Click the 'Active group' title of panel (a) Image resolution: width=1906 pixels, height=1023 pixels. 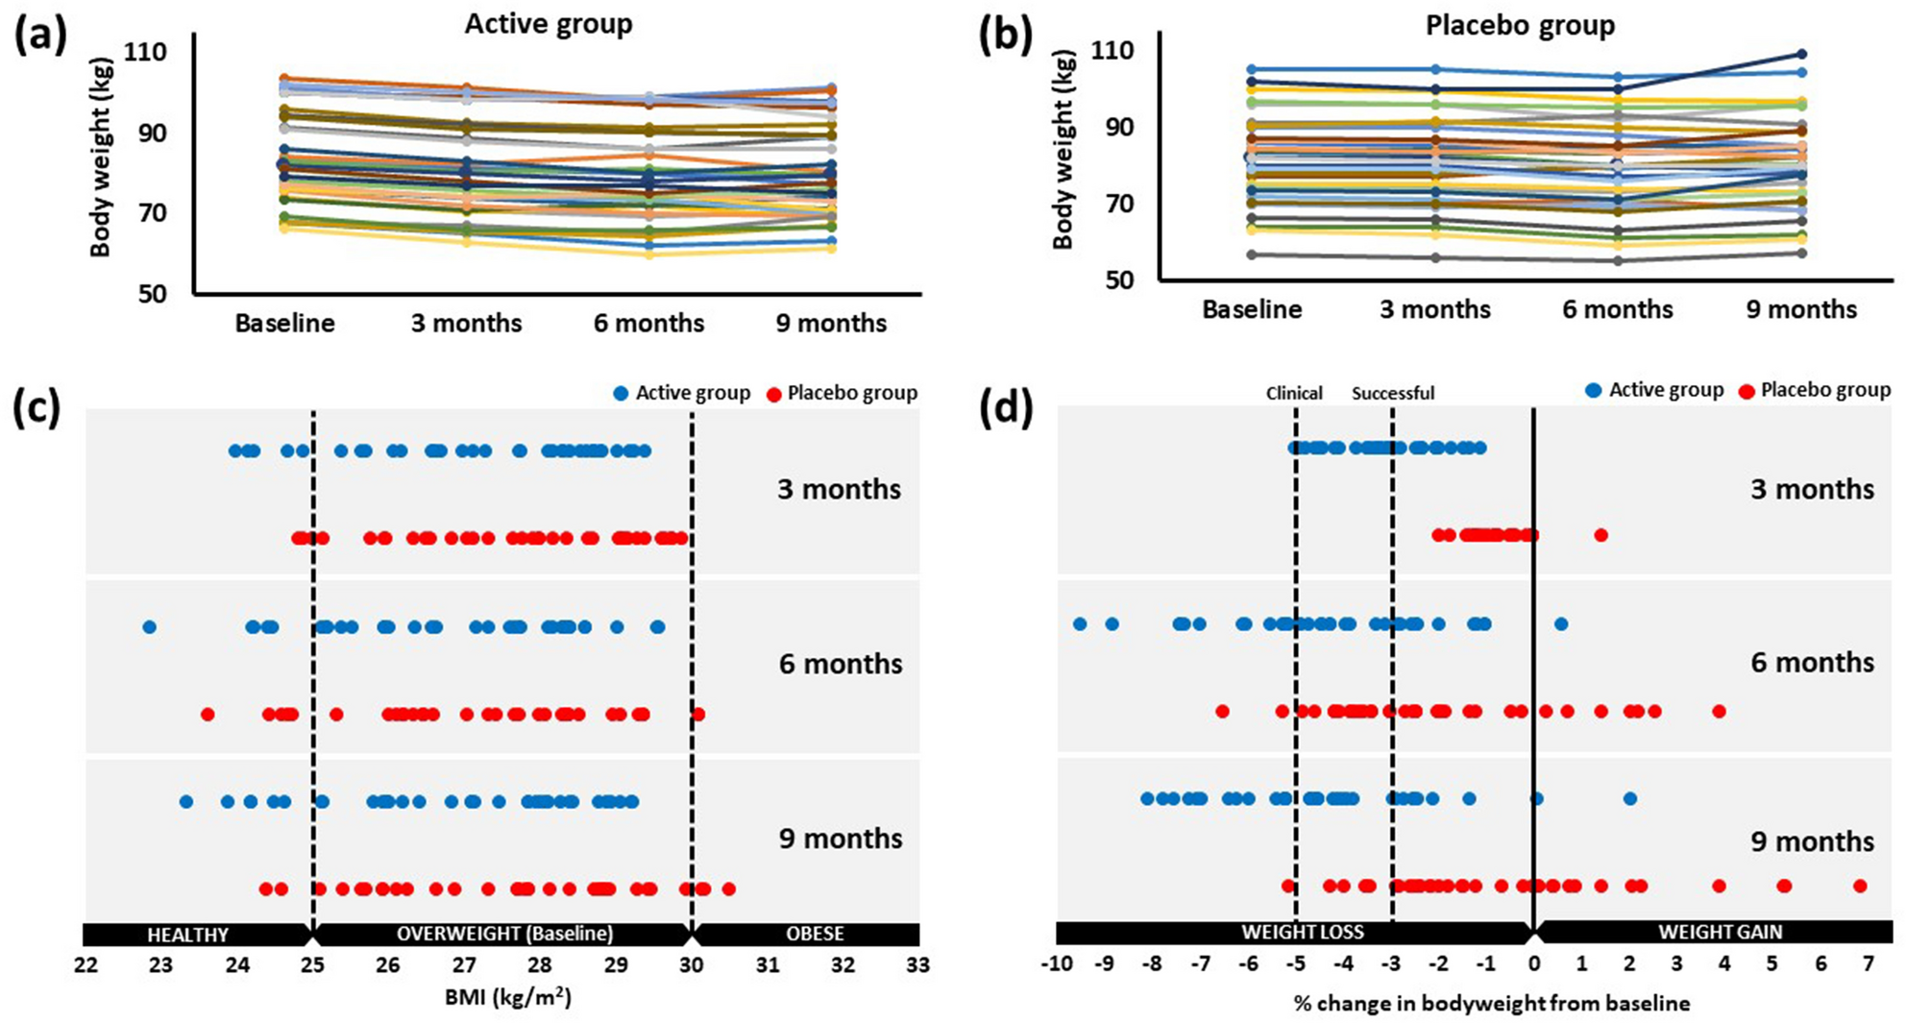click(548, 24)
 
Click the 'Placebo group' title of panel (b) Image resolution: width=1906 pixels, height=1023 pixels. click(1520, 25)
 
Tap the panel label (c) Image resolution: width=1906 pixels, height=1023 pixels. click(38, 408)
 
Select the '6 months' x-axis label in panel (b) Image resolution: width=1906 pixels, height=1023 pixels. click(1617, 309)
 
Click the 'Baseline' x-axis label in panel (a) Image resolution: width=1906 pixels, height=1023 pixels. click(284, 323)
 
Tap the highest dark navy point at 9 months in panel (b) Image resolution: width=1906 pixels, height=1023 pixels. click(1801, 55)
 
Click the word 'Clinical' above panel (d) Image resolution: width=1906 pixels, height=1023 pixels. click(1293, 393)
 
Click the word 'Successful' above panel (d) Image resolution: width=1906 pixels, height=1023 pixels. click(1392, 393)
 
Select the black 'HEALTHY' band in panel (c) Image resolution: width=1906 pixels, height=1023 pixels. click(188, 934)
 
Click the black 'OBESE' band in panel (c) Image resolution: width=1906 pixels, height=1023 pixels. click(815, 934)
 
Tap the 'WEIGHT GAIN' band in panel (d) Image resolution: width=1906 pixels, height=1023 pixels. click(1720, 932)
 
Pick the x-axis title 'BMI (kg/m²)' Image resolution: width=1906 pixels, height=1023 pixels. click(507, 998)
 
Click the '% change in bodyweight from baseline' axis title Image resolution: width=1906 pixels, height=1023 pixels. click(1491, 1004)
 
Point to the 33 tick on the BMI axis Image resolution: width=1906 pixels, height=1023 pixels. click(917, 964)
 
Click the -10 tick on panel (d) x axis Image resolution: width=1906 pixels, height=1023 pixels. click(1056, 963)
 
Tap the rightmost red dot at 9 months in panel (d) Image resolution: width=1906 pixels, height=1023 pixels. click(1860, 886)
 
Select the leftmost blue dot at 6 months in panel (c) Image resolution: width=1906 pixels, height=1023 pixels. click(149, 627)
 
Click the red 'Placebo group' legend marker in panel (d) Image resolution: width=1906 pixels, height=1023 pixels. click(1747, 391)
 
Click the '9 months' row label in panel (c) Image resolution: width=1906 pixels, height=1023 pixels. click(841, 839)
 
